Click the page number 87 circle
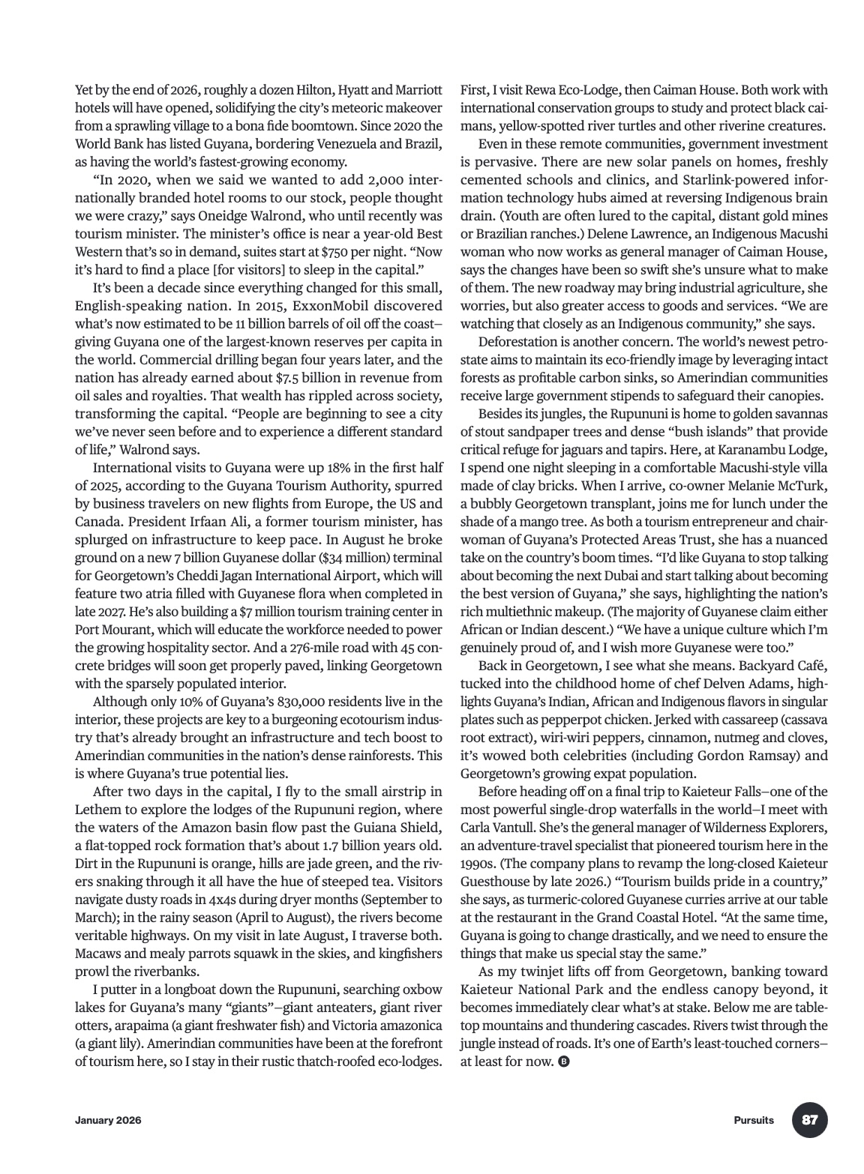coord(809,1121)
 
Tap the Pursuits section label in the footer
coord(754,1121)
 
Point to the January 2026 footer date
coord(108,1121)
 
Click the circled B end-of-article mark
coord(564,1062)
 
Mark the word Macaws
coord(98,954)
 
